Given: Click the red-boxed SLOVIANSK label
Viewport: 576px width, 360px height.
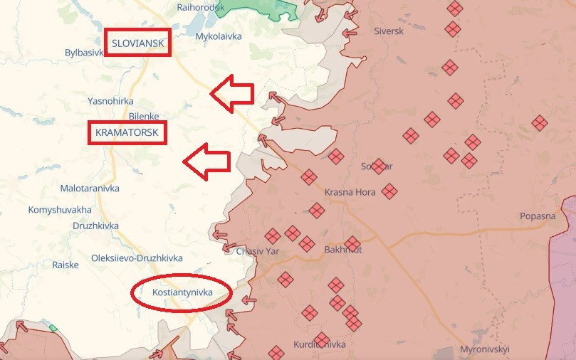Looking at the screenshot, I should point(138,43).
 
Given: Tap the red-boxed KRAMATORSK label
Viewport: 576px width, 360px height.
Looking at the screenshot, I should point(127,132).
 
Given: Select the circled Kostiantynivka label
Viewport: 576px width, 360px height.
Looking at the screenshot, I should point(182,292).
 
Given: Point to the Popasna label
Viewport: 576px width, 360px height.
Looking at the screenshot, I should point(538,216).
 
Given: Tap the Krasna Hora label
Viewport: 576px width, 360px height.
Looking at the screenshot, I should point(349,192).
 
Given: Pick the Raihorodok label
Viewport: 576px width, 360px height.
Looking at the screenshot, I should point(201,7).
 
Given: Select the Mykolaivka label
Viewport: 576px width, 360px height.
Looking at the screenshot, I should point(219,36).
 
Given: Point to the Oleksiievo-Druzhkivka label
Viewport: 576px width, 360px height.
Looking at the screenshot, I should point(137,258).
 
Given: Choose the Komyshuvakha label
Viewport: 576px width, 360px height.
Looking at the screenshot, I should point(60,210).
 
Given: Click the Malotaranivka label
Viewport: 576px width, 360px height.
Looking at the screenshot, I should point(90,189).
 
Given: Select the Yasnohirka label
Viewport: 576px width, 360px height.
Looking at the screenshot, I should point(110,101).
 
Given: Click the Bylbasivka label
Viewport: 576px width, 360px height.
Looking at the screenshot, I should point(84,53).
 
